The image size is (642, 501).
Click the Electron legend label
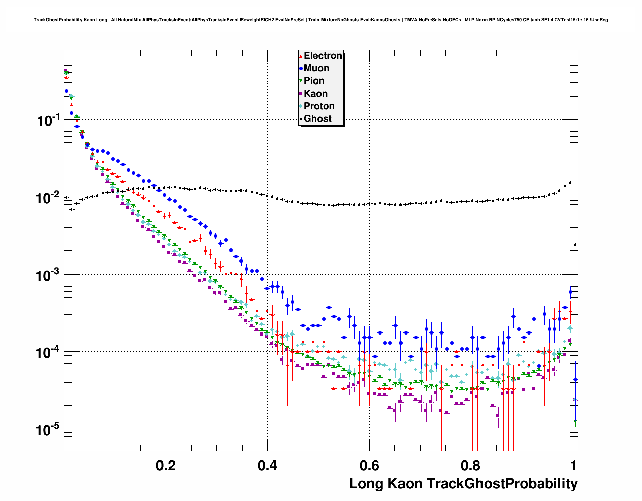point(323,56)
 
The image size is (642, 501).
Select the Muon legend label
point(316,68)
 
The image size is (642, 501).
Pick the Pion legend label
point(314,81)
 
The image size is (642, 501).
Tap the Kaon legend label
point(315,94)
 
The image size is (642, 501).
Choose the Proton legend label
point(319,106)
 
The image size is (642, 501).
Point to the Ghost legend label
point(317,119)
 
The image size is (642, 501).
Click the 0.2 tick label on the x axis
point(166,466)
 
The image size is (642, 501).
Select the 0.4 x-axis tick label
point(267,466)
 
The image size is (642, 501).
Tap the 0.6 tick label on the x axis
point(369,466)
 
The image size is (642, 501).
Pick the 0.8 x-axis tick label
point(471,466)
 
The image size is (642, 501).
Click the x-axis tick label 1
point(573,466)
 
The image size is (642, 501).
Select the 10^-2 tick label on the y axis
point(48,197)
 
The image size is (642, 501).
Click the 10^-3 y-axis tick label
point(48,275)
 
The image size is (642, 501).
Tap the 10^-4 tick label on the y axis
point(48,352)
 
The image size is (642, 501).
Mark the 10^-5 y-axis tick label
point(48,429)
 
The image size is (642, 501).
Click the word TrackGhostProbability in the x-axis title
point(502,484)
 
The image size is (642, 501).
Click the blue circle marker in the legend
point(301,68)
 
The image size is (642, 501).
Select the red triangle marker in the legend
point(301,56)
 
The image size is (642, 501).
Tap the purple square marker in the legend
point(301,94)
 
